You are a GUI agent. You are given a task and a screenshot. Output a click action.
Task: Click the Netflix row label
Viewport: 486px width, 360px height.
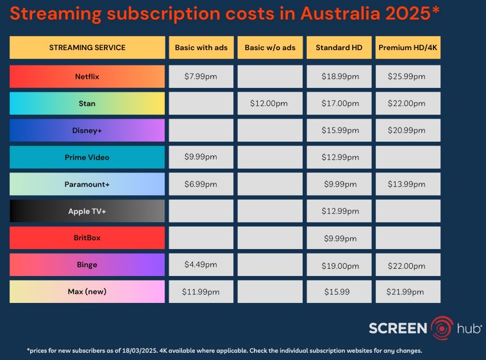[87, 76]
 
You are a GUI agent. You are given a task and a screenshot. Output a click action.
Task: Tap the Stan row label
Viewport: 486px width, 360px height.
[87, 103]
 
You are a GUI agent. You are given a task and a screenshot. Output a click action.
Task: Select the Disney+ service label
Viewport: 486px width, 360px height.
[87, 130]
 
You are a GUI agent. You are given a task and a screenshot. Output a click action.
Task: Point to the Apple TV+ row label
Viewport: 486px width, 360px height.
[87, 211]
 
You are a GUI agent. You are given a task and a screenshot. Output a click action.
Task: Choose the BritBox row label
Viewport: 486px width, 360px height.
[87, 238]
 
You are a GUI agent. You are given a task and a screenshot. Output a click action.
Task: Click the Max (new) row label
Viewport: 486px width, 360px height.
[87, 291]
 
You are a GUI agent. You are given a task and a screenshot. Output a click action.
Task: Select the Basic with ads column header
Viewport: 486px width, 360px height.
[201, 47]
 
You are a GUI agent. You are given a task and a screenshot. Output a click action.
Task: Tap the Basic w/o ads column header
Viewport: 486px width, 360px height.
[269, 47]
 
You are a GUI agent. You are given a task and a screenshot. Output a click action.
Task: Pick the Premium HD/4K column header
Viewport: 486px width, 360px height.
[408, 47]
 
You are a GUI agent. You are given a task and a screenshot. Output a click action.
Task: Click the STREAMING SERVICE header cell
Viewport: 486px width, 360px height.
[87, 47]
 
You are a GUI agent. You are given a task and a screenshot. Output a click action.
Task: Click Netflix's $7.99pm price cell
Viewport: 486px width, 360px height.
[201, 76]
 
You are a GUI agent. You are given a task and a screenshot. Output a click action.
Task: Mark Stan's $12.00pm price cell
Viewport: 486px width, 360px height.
[269, 103]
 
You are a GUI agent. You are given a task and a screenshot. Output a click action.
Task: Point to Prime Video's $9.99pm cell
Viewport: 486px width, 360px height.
[201, 157]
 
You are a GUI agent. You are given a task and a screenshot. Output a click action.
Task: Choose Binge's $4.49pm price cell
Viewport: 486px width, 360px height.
[201, 264]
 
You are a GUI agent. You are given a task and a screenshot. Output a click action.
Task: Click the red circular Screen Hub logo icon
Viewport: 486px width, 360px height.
[442, 327]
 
